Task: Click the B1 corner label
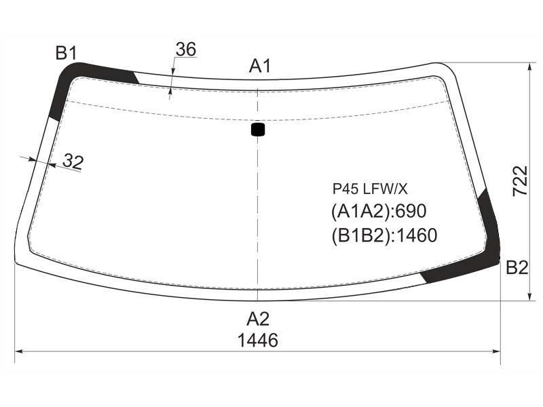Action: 66,54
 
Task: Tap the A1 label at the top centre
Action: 260,66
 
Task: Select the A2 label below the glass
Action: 258,319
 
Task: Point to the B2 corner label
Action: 517,267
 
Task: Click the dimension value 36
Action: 186,50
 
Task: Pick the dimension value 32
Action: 73,161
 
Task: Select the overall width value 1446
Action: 258,341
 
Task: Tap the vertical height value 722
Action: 520,181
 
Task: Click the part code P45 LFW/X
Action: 370,189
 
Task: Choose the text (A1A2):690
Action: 379,211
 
